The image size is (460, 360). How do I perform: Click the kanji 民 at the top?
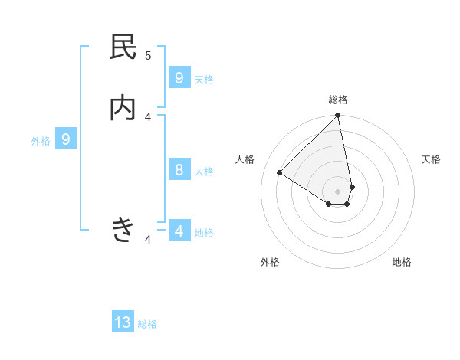(123, 47)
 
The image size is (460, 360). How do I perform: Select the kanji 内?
(123, 109)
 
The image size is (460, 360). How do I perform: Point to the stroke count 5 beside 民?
(148, 55)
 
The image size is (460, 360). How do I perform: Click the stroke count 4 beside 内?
(148, 116)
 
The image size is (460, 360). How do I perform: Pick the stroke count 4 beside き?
(148, 240)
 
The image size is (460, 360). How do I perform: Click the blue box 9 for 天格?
(179, 78)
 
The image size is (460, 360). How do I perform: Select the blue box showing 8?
(179, 170)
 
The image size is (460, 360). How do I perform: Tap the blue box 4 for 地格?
(179, 231)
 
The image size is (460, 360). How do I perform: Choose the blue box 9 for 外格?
(66, 139)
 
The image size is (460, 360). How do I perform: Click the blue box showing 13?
(123, 322)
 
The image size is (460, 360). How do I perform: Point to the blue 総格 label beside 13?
(147, 324)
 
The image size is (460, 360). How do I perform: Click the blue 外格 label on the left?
(41, 141)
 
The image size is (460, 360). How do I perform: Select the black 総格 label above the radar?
(338, 100)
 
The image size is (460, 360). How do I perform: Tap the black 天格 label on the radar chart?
(431, 159)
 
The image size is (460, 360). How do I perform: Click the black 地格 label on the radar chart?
(402, 262)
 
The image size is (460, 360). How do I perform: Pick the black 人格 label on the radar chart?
(245, 159)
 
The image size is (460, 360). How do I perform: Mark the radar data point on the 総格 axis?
(338, 116)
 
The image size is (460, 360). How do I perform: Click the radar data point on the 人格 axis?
(280, 173)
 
